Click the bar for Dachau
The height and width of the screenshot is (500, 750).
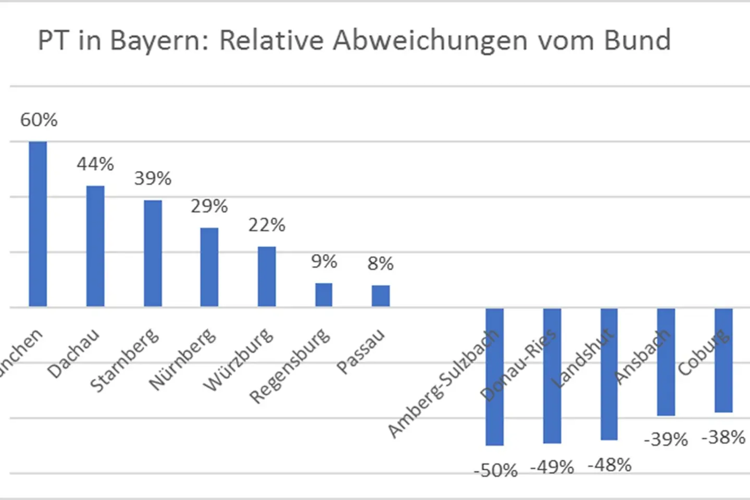click(95, 246)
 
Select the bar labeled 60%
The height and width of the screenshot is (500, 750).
click(38, 224)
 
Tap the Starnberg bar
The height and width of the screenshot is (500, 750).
click(153, 253)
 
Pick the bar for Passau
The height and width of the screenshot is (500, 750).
click(381, 296)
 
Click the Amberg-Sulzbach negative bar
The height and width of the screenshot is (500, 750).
click(494, 377)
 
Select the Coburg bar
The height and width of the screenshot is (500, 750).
click(723, 360)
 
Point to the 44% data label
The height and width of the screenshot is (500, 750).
click(95, 164)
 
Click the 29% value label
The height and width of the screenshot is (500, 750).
click(209, 206)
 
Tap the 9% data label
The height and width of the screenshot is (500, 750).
click(324, 261)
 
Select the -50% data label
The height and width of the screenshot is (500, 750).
click(495, 470)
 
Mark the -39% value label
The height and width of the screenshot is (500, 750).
click(666, 440)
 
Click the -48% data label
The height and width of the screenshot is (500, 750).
click(609, 465)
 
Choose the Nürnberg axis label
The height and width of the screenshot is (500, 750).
click(183, 359)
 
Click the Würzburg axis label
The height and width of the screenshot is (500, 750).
click(239, 359)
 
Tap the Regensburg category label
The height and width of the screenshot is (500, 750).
click(290, 366)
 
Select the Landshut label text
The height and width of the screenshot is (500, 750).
click(582, 358)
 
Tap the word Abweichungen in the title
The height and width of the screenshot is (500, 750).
click(430, 41)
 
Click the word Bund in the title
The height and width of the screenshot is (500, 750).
click(637, 40)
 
